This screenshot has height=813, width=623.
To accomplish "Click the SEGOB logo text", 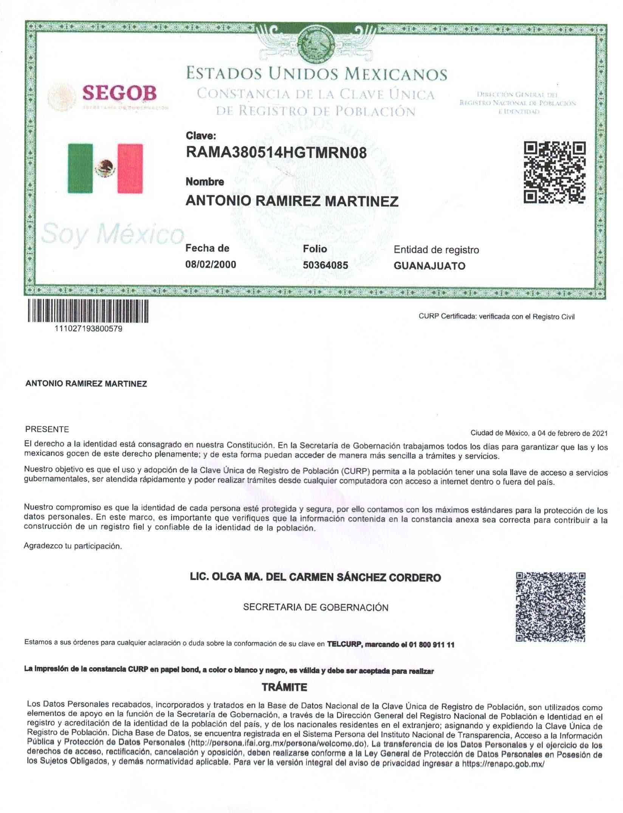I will (119, 92).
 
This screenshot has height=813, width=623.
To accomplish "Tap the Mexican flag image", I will (105, 168).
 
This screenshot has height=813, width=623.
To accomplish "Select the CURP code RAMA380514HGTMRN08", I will (276, 153).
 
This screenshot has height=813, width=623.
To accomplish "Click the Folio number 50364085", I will (325, 265).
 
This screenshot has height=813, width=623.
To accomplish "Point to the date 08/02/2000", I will (211, 264).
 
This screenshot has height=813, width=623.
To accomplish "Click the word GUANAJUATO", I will (429, 266).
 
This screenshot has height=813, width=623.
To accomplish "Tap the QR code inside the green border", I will (554, 172).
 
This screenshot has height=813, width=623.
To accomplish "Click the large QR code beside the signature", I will (550, 606).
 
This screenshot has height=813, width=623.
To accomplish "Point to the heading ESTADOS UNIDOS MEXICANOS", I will (316, 74).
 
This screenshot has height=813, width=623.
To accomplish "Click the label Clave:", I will (201, 136).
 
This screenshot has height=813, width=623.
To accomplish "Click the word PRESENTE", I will (47, 429).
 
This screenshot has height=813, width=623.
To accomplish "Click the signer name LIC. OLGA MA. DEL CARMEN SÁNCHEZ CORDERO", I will (315, 578).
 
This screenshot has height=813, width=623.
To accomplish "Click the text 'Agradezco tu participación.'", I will (73, 546).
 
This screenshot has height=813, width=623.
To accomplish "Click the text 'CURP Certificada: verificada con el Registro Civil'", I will (496, 317).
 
